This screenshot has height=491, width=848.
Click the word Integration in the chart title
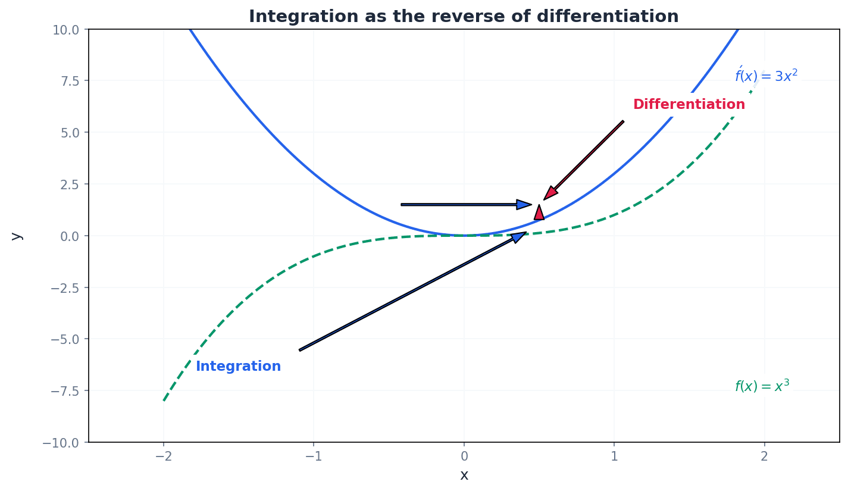tap(287, 17)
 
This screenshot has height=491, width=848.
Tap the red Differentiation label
tap(689, 105)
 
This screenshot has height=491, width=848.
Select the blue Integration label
tap(238, 367)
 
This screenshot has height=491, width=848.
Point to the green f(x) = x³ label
tap(762, 386)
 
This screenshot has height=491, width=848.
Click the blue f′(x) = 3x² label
tap(766, 76)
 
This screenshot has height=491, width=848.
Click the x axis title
tap(464, 476)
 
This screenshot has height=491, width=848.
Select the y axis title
tap(17, 236)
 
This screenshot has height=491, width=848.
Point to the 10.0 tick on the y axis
tap(70, 29)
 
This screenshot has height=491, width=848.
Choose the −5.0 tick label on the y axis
tap(67, 339)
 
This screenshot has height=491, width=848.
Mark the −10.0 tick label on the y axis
tap(64, 443)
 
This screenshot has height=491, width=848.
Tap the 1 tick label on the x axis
tap(614, 457)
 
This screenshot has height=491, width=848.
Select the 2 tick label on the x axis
tap(764, 457)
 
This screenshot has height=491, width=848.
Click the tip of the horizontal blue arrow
tap(530, 205)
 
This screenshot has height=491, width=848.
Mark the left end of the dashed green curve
tap(164, 401)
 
